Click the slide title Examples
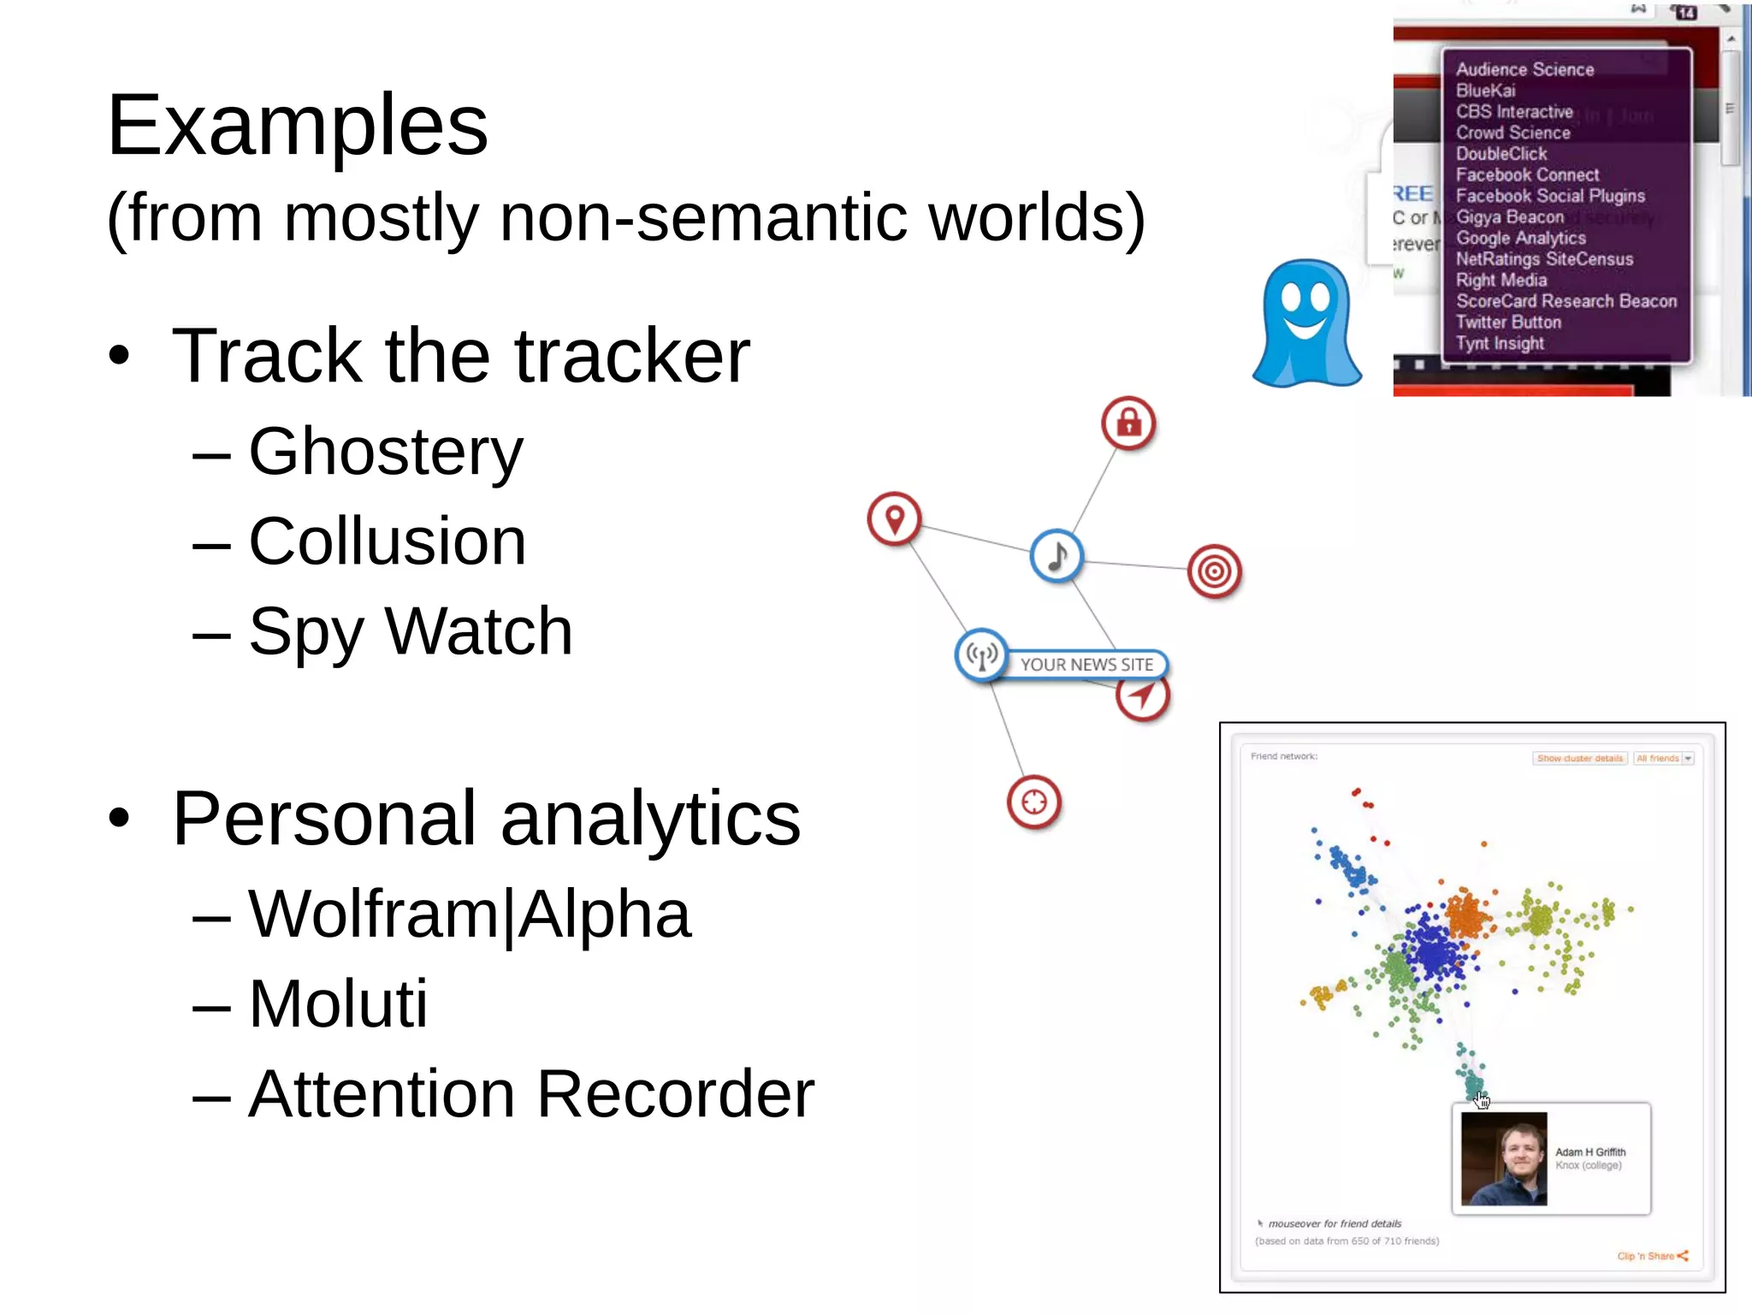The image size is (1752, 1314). point(297,127)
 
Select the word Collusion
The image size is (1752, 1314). point(387,542)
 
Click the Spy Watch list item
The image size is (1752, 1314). point(410,631)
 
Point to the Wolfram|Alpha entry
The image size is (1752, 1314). point(469,914)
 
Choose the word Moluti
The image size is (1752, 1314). point(338,1003)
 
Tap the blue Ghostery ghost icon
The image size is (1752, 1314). point(1306,323)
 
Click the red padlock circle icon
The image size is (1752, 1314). point(1128,423)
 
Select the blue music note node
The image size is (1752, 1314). point(1057,555)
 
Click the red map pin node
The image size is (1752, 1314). point(894,518)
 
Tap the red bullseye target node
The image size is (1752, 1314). point(1214,571)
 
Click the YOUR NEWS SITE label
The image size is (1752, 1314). point(1086,665)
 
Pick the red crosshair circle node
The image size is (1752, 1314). point(1033,802)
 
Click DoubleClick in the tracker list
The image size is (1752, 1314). point(1501,154)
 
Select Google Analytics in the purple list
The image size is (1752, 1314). point(1520,238)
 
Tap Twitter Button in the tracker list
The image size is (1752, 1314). point(1508,323)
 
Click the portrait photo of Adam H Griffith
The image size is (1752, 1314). point(1504,1158)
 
